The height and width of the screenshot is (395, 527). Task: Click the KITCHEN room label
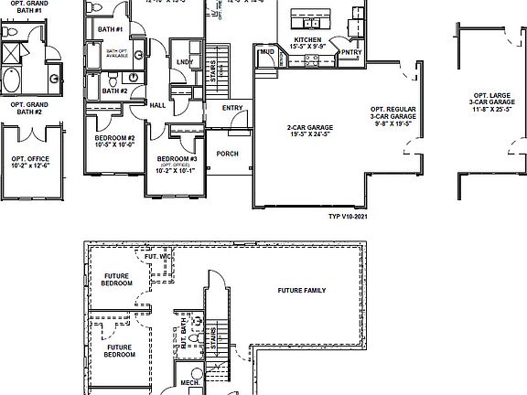[x=307, y=41]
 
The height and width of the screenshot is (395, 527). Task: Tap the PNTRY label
[x=351, y=53]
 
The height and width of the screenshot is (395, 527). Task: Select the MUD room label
[x=267, y=52]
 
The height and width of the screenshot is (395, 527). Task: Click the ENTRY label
[x=232, y=107]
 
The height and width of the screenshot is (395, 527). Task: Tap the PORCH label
[x=227, y=154]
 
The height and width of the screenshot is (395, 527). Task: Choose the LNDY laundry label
[x=185, y=62]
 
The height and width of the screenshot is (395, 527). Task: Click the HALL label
[x=156, y=105]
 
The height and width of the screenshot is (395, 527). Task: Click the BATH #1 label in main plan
[x=110, y=29]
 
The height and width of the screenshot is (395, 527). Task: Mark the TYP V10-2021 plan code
[x=346, y=218]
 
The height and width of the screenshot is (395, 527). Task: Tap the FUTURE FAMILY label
[x=301, y=291]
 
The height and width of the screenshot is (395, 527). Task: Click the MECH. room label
[x=190, y=382]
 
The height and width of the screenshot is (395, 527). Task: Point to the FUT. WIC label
[x=157, y=256]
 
